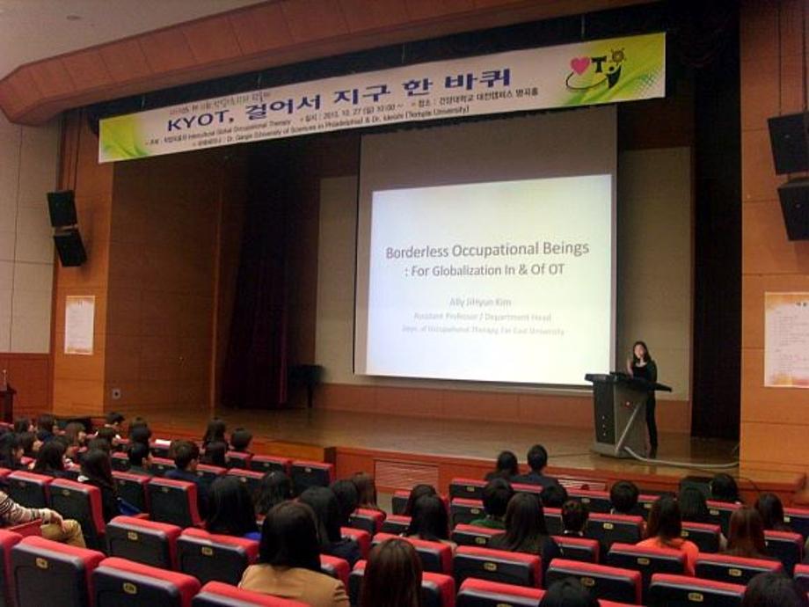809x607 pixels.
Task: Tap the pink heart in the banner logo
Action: (x=580, y=66)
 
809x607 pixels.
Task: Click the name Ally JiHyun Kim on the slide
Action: (x=479, y=302)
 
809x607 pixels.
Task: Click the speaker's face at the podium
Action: (x=639, y=350)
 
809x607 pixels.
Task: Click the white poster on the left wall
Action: (x=79, y=325)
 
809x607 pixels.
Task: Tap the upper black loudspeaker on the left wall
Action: (x=62, y=208)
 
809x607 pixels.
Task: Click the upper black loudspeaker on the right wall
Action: (x=788, y=143)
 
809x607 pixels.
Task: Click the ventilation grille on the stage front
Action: (x=406, y=475)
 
